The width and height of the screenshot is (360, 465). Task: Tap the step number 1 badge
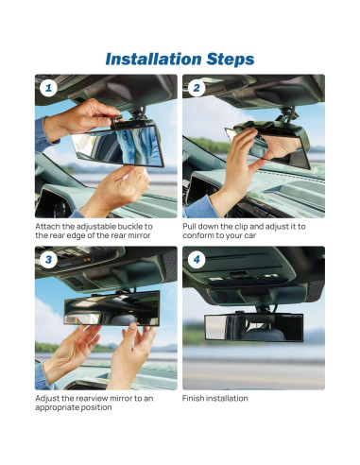48,89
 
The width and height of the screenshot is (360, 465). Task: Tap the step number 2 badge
196,89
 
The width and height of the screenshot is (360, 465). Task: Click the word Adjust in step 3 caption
49,399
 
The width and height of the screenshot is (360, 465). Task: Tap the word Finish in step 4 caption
196,399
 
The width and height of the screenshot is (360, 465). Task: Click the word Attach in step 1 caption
49,228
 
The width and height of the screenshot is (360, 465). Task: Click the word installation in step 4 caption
230,399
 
